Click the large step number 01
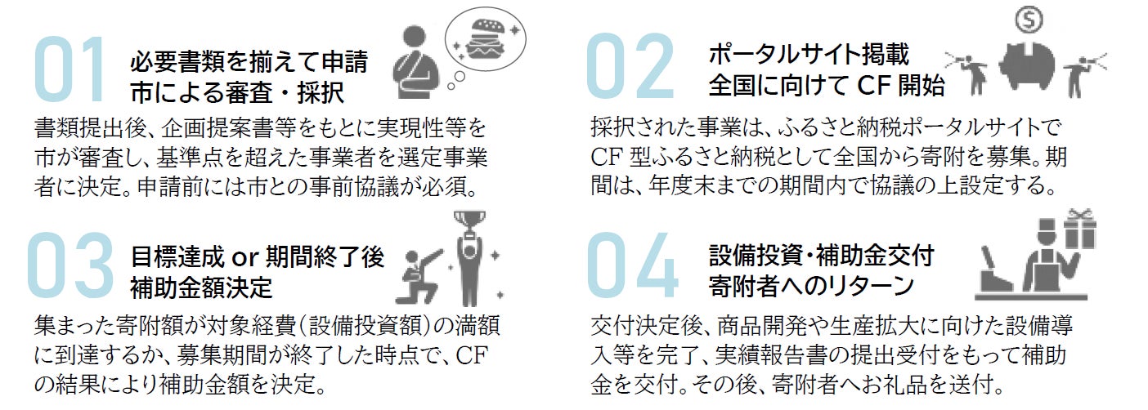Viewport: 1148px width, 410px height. coord(70,69)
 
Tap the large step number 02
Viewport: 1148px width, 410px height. coord(630,65)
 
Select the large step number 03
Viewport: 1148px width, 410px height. coord(70,265)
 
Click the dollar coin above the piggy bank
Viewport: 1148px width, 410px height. coord(1029,20)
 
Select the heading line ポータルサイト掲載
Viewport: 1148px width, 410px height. coord(809,55)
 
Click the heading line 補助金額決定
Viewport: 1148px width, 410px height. coord(201,287)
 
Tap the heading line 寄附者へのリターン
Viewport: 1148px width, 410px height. coord(811,286)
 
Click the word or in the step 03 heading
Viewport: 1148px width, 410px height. coord(244,258)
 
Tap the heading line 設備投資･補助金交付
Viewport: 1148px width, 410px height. coord(822,256)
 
